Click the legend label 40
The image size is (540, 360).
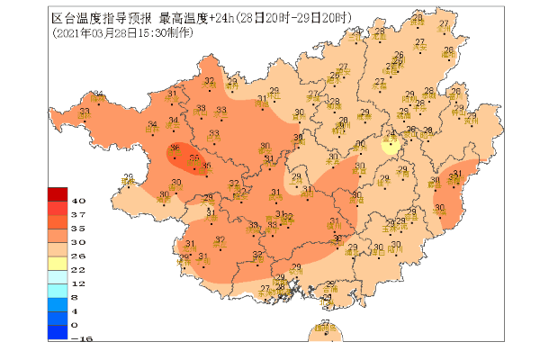(78, 200)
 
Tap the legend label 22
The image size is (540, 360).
(77, 269)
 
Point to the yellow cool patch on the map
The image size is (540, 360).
(391, 145)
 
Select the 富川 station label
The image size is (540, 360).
(470, 117)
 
